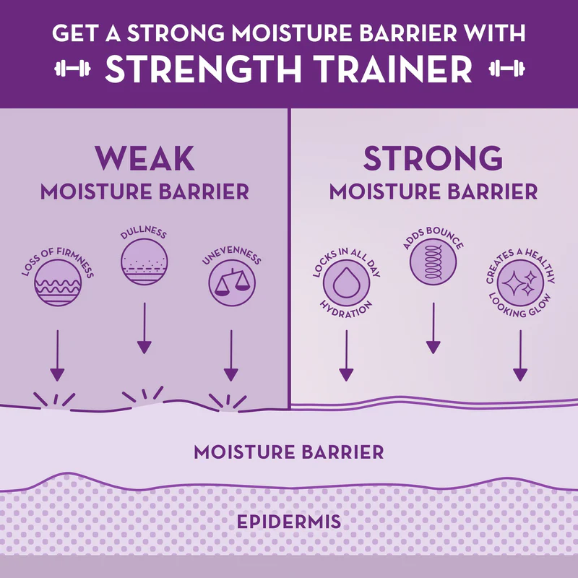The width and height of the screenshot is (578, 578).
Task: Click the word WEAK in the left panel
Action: tap(144, 158)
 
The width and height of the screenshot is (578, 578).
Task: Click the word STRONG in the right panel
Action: tap(433, 158)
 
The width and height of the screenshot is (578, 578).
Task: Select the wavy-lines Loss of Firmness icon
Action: tap(57, 281)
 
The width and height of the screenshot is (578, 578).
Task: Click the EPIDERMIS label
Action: tap(288, 521)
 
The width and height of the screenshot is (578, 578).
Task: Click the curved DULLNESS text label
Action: tap(144, 233)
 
